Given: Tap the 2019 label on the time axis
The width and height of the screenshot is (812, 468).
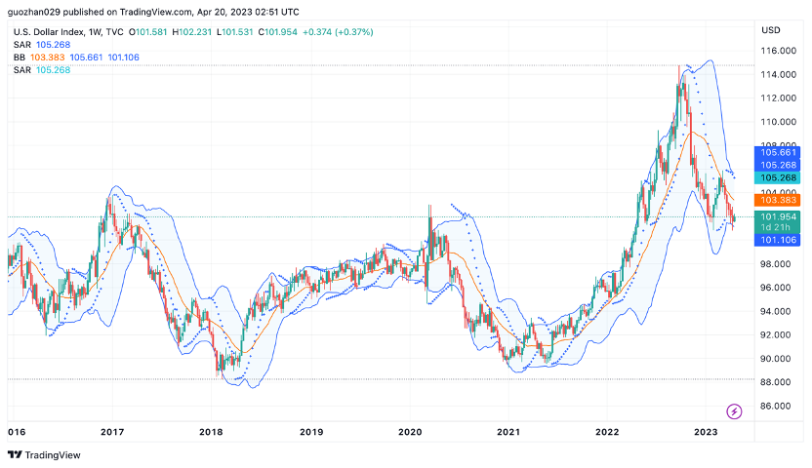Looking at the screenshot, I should [x=310, y=431].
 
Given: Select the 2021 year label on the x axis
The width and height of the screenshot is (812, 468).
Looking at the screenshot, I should [x=507, y=431].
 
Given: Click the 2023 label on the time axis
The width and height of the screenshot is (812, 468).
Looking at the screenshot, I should [x=705, y=431].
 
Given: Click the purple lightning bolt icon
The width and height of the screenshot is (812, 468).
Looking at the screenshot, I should [x=734, y=411].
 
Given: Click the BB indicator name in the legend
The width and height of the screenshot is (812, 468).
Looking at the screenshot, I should [x=20, y=58].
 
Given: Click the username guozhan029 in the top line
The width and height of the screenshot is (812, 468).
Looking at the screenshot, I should [x=39, y=12].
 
